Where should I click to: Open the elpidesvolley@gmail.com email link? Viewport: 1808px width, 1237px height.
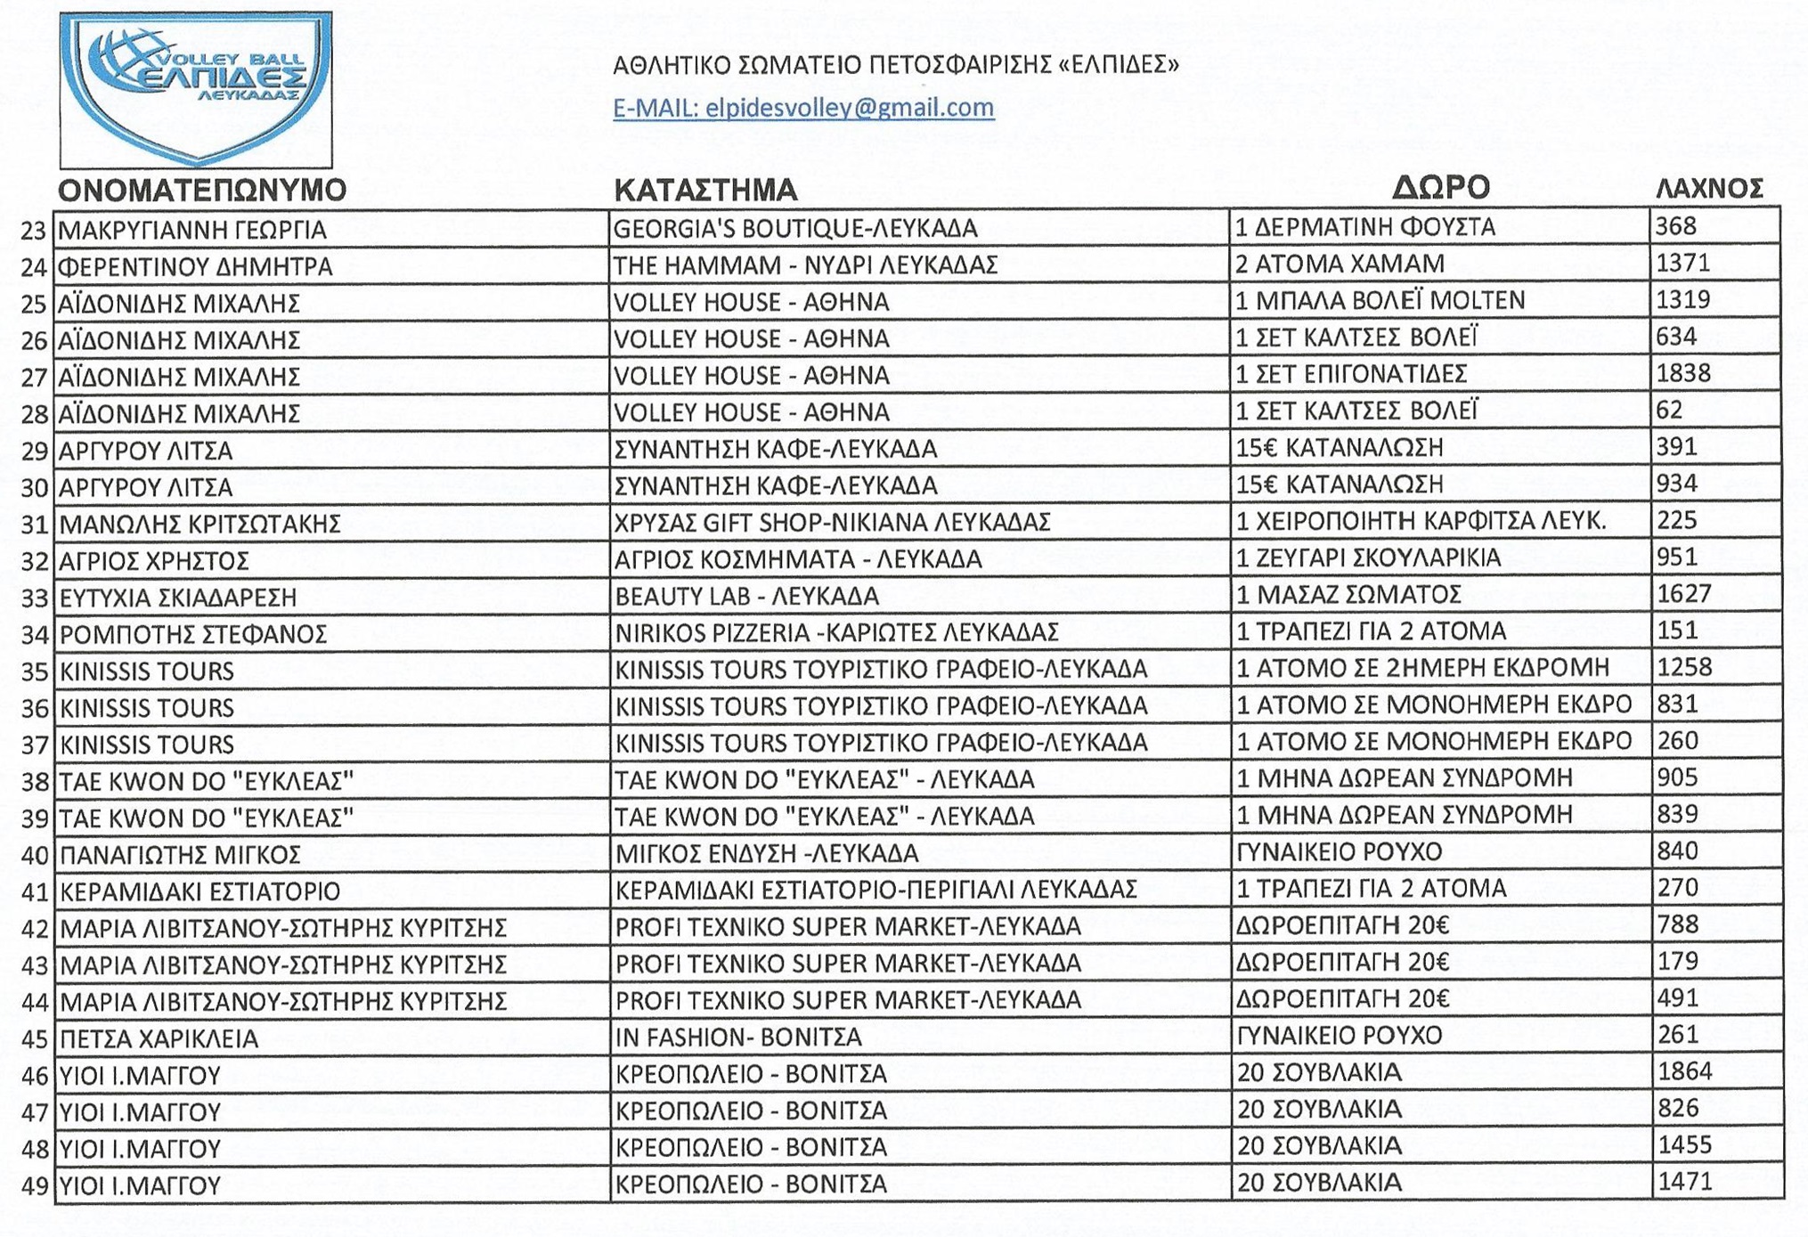(x=802, y=108)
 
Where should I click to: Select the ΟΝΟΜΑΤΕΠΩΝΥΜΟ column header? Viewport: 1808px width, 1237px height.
(x=202, y=190)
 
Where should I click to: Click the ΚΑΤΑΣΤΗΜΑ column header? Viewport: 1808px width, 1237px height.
(x=705, y=190)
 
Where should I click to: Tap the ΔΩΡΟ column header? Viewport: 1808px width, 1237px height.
(x=1440, y=187)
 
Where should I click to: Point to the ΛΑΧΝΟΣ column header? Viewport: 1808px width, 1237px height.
(x=1708, y=189)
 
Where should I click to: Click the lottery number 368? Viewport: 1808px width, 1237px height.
(x=1676, y=227)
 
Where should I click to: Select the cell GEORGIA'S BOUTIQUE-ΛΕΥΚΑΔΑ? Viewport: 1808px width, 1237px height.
(x=795, y=229)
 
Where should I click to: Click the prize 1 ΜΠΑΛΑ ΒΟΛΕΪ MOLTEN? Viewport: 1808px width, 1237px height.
(x=1380, y=301)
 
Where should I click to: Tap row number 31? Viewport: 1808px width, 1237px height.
(x=34, y=525)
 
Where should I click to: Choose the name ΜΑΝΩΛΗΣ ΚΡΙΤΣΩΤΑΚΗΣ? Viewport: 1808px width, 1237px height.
(x=200, y=525)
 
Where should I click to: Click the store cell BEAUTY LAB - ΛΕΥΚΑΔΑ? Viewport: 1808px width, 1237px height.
(x=746, y=596)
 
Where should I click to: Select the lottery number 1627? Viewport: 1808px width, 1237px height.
(x=1683, y=594)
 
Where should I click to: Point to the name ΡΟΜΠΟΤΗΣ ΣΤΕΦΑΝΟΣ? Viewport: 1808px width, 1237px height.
(x=193, y=634)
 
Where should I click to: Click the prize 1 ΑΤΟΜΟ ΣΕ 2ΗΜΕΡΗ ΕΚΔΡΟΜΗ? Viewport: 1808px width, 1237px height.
(x=1422, y=668)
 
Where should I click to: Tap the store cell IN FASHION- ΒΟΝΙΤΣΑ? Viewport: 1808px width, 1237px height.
(x=738, y=1038)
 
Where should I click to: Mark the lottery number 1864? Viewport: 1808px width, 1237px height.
(x=1684, y=1071)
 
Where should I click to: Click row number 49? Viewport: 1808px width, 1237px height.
(x=34, y=1186)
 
